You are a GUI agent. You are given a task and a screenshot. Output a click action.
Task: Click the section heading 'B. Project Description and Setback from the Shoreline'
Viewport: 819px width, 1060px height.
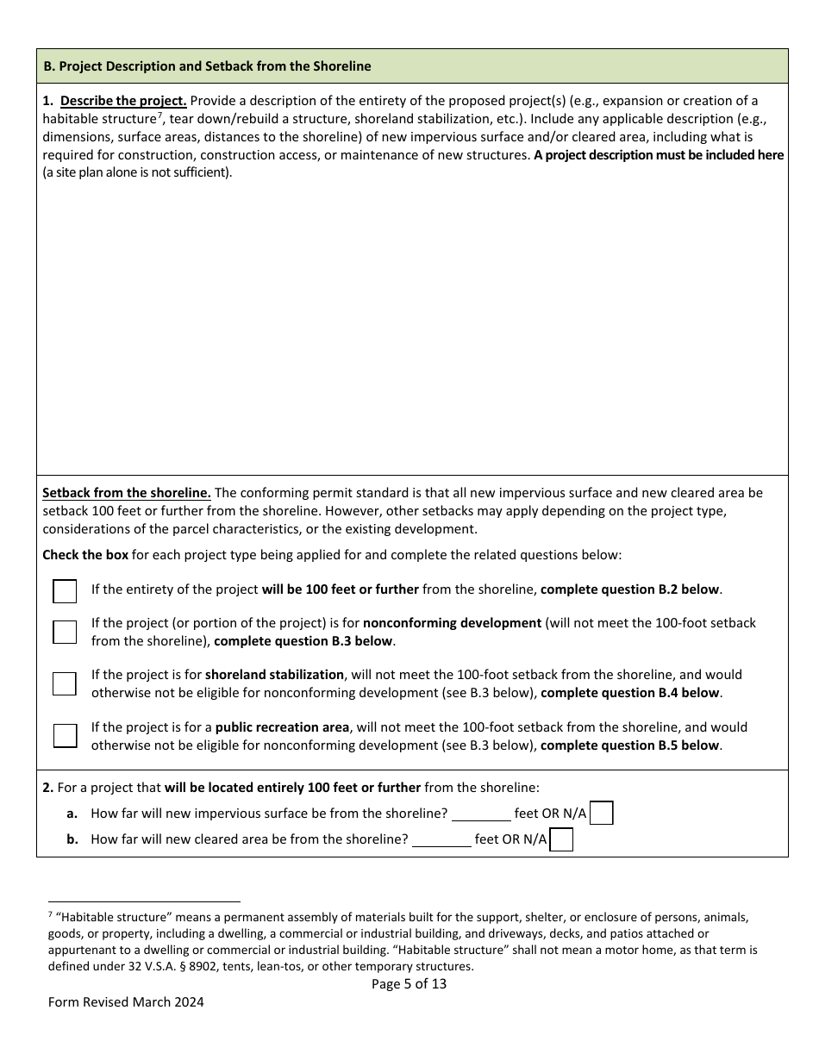(207, 66)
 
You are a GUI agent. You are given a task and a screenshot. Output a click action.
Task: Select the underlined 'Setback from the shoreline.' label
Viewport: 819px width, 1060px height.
(127, 493)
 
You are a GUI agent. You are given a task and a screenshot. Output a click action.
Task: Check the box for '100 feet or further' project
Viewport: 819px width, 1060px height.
(65, 590)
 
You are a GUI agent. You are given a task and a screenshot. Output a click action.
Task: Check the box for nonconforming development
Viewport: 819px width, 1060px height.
(65, 632)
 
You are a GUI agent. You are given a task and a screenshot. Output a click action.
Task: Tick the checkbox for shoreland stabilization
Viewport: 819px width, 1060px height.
(65, 683)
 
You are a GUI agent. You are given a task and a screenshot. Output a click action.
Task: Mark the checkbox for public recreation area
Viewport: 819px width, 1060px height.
(65, 736)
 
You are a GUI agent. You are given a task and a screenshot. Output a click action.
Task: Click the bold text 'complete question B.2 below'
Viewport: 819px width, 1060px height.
(630, 589)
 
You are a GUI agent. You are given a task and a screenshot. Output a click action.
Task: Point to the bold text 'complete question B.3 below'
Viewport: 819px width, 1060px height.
(303, 641)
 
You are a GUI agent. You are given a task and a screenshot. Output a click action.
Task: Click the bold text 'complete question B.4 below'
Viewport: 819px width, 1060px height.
(630, 693)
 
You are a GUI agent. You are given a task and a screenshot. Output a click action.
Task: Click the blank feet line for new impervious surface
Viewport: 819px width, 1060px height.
(481, 814)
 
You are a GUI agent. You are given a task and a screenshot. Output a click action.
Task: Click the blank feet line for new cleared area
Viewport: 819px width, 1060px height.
(441, 839)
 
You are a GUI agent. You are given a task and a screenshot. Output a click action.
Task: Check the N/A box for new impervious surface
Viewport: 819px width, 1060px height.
(602, 814)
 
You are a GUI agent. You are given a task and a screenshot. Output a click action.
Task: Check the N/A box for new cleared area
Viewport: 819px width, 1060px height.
(561, 839)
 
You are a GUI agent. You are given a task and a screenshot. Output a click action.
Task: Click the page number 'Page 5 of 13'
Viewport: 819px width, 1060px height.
(409, 983)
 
